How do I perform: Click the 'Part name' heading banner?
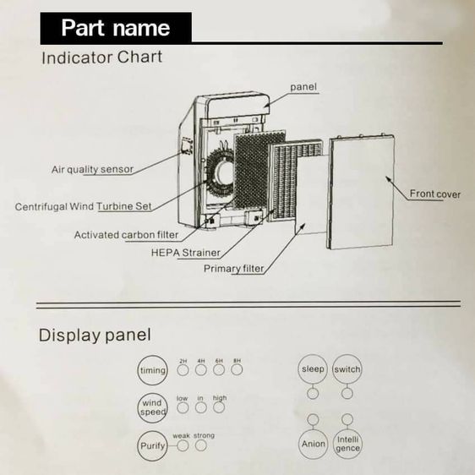click(116, 28)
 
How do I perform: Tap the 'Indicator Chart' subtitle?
click(102, 57)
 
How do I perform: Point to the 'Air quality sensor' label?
click(92, 169)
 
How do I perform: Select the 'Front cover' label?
click(435, 194)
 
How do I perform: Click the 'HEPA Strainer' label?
click(186, 253)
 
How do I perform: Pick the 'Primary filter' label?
click(234, 269)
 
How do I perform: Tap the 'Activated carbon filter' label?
click(126, 235)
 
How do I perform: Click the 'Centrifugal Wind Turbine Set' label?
click(84, 206)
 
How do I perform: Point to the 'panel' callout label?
click(303, 87)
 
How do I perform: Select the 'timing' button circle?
click(153, 370)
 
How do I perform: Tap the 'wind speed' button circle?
click(153, 407)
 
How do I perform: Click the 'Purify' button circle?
click(153, 445)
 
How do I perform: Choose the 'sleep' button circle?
click(313, 369)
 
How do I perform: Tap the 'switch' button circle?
click(347, 369)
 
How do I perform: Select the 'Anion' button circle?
click(313, 444)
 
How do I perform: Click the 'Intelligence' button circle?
click(347, 444)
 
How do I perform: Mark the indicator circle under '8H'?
click(237, 369)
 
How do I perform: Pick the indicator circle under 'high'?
click(219, 407)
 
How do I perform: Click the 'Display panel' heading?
click(95, 336)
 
